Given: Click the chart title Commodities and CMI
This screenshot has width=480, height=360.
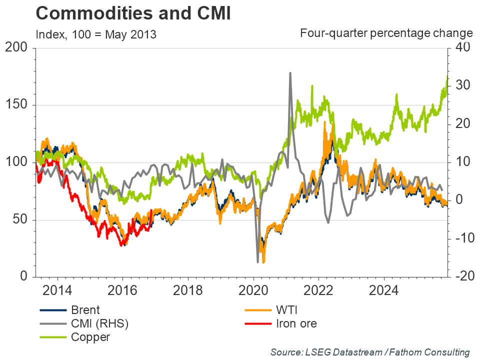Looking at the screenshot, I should pyautogui.click(x=133, y=13).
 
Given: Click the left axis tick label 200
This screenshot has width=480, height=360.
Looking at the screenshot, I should pyautogui.click(x=18, y=48).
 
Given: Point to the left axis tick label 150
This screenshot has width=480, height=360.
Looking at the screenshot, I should pyautogui.click(x=18, y=105).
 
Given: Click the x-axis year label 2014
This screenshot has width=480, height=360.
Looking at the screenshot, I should pyautogui.click(x=57, y=290).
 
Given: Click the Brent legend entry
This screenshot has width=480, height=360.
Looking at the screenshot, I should pyautogui.click(x=85, y=310).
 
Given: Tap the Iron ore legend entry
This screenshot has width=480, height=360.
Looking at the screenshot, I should pyautogui.click(x=296, y=323).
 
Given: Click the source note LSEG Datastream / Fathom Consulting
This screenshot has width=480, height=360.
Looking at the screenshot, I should pyautogui.click(x=370, y=352).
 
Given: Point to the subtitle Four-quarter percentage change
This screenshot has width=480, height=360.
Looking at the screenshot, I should pyautogui.click(x=386, y=33).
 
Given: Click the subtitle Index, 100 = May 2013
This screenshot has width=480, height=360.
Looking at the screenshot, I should pyautogui.click(x=96, y=34).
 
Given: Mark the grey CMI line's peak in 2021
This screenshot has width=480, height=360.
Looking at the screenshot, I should pyautogui.click(x=290, y=73).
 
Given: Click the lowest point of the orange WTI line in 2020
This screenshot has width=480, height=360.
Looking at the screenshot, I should pyautogui.click(x=263, y=262).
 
